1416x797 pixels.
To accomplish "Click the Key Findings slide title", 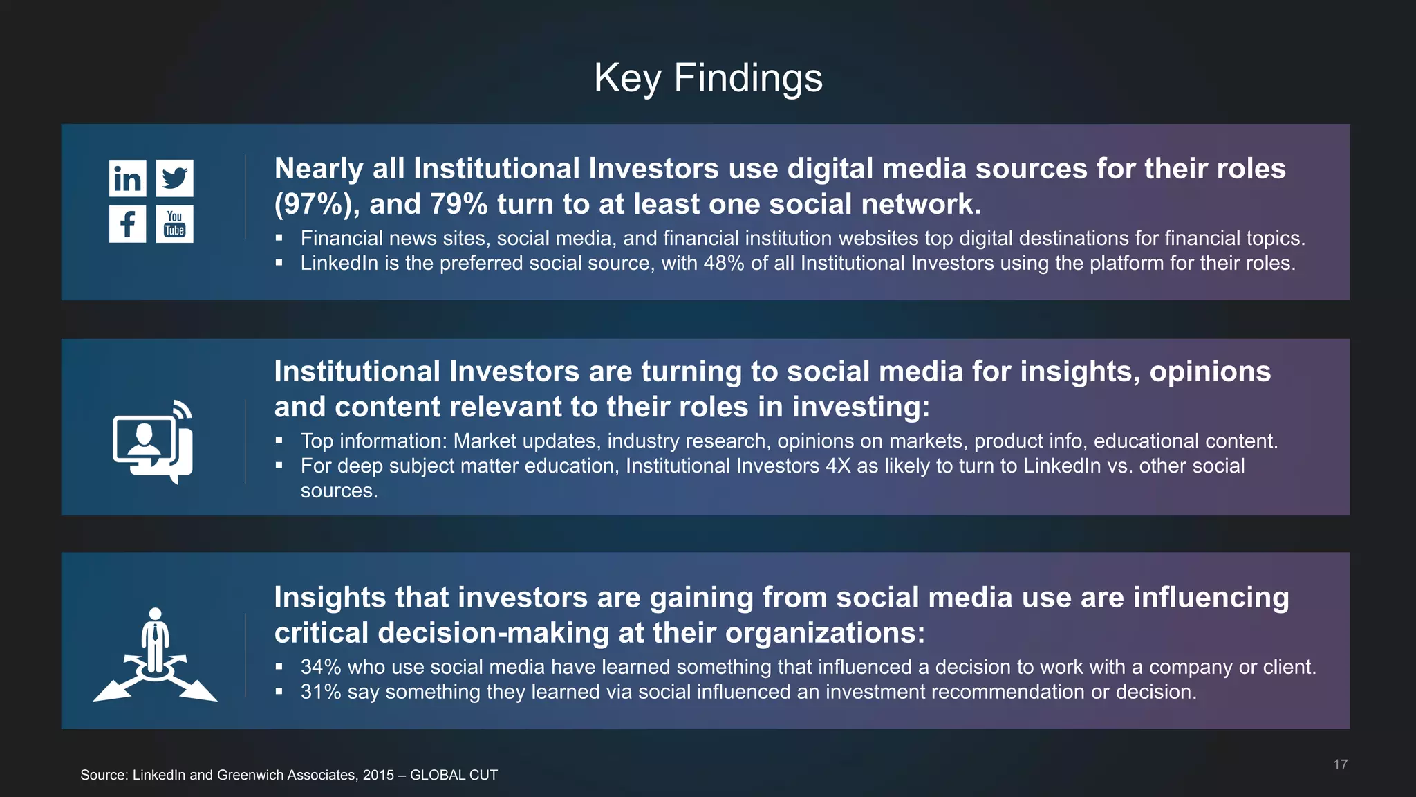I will point(708,78).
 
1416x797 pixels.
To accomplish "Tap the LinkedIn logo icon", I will point(127,178).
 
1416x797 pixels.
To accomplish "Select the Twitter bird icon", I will point(174,178).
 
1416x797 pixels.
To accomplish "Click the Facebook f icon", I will point(127,224).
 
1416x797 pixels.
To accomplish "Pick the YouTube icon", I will point(174,224).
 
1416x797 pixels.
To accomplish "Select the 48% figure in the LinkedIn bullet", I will point(724,264).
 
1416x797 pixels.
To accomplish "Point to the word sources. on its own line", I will point(339,491).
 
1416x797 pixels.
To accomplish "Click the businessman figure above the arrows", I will point(156,640).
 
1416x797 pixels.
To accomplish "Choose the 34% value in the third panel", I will point(321,668).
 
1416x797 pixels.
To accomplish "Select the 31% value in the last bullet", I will point(321,693).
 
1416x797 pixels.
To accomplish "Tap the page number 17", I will point(1340,764).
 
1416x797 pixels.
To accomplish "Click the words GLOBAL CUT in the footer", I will point(454,776).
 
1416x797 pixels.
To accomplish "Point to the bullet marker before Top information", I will point(279,441).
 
